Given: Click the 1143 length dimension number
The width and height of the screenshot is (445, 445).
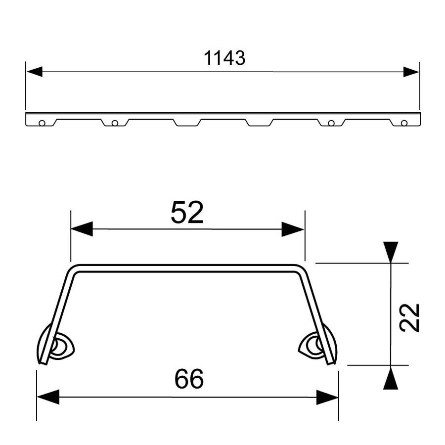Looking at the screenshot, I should pyautogui.click(x=224, y=58).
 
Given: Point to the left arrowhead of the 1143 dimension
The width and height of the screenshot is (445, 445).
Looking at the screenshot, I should pyautogui.click(x=34, y=72).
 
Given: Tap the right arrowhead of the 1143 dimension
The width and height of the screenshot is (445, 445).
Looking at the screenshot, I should pyautogui.click(x=411, y=72).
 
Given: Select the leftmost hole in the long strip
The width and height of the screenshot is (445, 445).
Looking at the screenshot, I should pyautogui.click(x=42, y=123).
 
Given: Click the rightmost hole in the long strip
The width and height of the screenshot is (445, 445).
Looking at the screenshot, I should pyautogui.click(x=404, y=123).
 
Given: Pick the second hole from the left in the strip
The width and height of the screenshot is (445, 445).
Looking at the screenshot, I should pyautogui.click(x=115, y=123).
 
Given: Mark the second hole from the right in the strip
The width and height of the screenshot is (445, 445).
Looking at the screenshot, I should pyautogui.click(x=331, y=123).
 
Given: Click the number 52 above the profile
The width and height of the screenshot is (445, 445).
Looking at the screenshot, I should pyautogui.click(x=187, y=213).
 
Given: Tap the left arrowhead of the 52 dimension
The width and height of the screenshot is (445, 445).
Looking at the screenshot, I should pyautogui.click(x=82, y=229).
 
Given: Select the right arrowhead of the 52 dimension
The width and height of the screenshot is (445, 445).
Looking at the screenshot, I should pyautogui.click(x=293, y=229).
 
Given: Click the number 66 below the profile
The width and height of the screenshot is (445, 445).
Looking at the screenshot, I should pyautogui.click(x=189, y=379).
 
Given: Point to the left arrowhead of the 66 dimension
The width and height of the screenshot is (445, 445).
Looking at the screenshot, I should pyautogui.click(x=47, y=397).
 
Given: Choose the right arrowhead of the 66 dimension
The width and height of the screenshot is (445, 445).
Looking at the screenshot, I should pyautogui.click(x=328, y=397).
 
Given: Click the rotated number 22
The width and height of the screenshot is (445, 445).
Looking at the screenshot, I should pyautogui.click(x=409, y=317).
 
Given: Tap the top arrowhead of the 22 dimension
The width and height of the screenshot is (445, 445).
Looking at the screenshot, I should pyautogui.click(x=391, y=252).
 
